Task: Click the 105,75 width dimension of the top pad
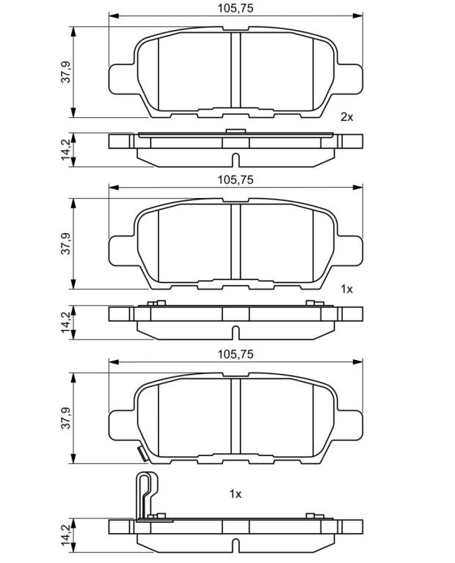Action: coord(235,8)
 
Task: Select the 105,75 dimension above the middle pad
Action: coord(235,180)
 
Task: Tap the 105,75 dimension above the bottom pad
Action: coord(235,354)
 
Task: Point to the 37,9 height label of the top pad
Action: coord(66,72)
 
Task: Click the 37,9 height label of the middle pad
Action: coord(66,244)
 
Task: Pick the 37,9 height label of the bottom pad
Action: coord(66,418)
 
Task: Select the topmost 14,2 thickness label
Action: coord(66,150)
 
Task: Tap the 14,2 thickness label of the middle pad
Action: coord(66,322)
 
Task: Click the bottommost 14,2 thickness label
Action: coord(66,536)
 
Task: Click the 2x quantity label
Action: coord(347,117)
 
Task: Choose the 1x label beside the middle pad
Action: coord(347,289)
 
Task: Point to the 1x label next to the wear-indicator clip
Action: coord(236,494)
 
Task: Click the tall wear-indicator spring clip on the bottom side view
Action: coord(147,496)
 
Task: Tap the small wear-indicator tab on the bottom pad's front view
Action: coord(142,453)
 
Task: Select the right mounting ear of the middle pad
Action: coord(350,251)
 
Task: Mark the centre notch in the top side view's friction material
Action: coord(236,160)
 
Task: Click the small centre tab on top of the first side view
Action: coord(236,131)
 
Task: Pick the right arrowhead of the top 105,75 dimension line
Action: coord(357,16)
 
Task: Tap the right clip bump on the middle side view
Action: coord(315,303)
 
